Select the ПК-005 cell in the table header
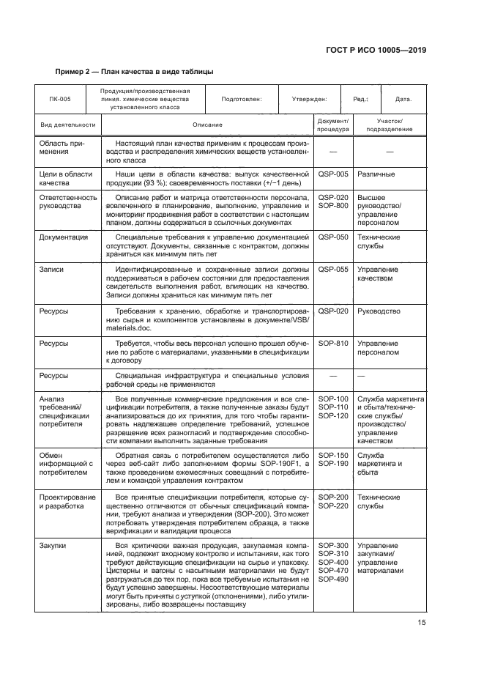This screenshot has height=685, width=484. [60, 99]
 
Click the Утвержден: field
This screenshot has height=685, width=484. [309, 99]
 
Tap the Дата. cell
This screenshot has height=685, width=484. [403, 99]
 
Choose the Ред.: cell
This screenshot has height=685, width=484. [361, 99]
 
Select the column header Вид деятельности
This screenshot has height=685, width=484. [67, 125]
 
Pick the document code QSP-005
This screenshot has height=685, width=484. [332, 174]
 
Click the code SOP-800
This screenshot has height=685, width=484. [332, 206]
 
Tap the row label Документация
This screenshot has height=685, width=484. [64, 237]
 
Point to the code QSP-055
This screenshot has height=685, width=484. [332, 270]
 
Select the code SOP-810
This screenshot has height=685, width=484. [332, 343]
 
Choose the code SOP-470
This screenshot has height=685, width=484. [332, 570]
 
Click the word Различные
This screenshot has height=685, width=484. [376, 174]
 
